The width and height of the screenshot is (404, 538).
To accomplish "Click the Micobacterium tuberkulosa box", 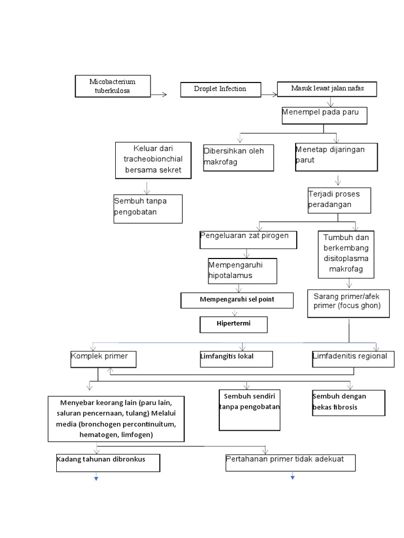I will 112,86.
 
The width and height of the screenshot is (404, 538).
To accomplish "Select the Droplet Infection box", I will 220,89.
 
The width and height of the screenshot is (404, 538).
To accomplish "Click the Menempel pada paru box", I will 324,116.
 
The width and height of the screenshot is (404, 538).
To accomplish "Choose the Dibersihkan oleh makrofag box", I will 238,157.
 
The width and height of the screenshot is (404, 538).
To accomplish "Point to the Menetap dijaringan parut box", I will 336,157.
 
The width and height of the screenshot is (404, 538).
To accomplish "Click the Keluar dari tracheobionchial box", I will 152,160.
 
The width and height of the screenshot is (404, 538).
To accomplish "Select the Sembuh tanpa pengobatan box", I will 148,209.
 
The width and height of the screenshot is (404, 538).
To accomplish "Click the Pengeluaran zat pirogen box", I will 248,239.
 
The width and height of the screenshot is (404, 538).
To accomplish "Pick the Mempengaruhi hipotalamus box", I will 241,271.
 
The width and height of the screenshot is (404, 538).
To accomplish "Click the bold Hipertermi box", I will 234,324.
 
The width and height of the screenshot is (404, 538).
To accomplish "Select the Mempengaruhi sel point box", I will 237,300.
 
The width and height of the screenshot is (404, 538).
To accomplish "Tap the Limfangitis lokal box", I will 236,358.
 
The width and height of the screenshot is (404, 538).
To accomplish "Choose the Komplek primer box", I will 103,358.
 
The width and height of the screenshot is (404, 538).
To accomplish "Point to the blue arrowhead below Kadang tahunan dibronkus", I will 96,478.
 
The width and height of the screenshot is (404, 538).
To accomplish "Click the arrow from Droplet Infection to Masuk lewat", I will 269,95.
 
